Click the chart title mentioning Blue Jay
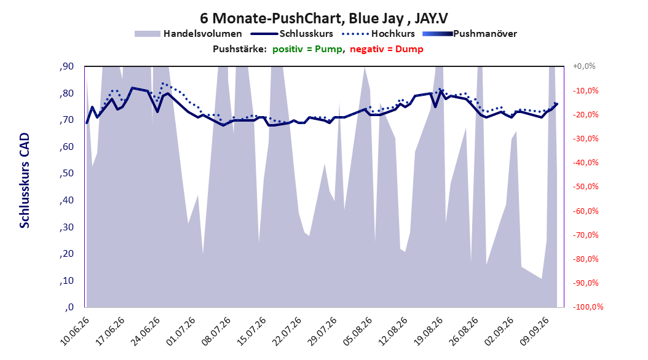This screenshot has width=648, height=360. (x=323, y=18)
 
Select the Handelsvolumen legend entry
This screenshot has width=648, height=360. (x=189, y=34)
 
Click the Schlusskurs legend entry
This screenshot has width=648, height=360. (x=292, y=34)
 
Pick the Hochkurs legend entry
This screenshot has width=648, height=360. (x=378, y=34)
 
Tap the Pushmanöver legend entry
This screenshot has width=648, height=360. (x=470, y=34)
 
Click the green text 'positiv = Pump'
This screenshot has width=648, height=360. (x=307, y=49)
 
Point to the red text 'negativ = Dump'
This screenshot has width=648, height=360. (x=387, y=49)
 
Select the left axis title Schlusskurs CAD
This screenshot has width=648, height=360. (x=25, y=181)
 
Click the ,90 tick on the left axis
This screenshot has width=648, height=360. (x=66, y=66)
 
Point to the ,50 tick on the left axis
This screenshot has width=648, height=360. (x=66, y=173)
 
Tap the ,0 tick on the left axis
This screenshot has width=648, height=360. (x=69, y=307)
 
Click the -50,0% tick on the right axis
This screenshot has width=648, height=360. (x=585, y=187)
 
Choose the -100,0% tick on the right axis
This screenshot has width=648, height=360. (x=588, y=307)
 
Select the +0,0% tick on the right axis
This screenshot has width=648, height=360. (x=584, y=66)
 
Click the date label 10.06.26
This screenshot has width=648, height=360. (x=75, y=331)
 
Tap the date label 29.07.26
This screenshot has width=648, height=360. (x=322, y=331)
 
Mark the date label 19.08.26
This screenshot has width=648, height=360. (x=429, y=331)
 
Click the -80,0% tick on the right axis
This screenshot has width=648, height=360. (x=585, y=259)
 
